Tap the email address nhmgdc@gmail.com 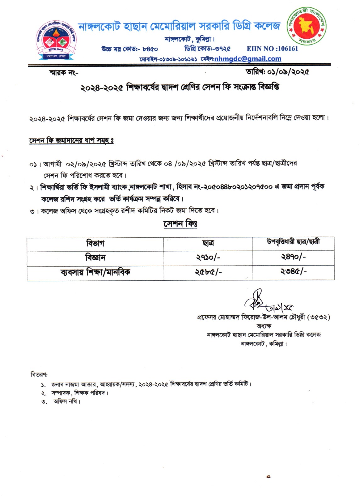click(248, 59)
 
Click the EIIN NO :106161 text click(272, 48)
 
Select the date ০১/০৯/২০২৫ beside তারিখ click(288, 72)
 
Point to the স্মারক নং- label click(64, 73)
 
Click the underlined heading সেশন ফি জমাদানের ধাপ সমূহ click(71, 141)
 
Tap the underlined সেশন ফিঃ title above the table click(180, 224)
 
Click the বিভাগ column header click(95, 243)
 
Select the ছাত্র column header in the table click(208, 243)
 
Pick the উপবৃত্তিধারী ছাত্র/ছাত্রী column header click(293, 242)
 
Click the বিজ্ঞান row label click(95, 258)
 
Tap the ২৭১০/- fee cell click(208, 257)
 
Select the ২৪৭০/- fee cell click(293, 257)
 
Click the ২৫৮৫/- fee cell click(208, 272)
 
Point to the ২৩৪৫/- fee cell click(293, 271)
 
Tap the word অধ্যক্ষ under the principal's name click(264, 326)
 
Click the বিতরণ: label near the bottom click(39, 374)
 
